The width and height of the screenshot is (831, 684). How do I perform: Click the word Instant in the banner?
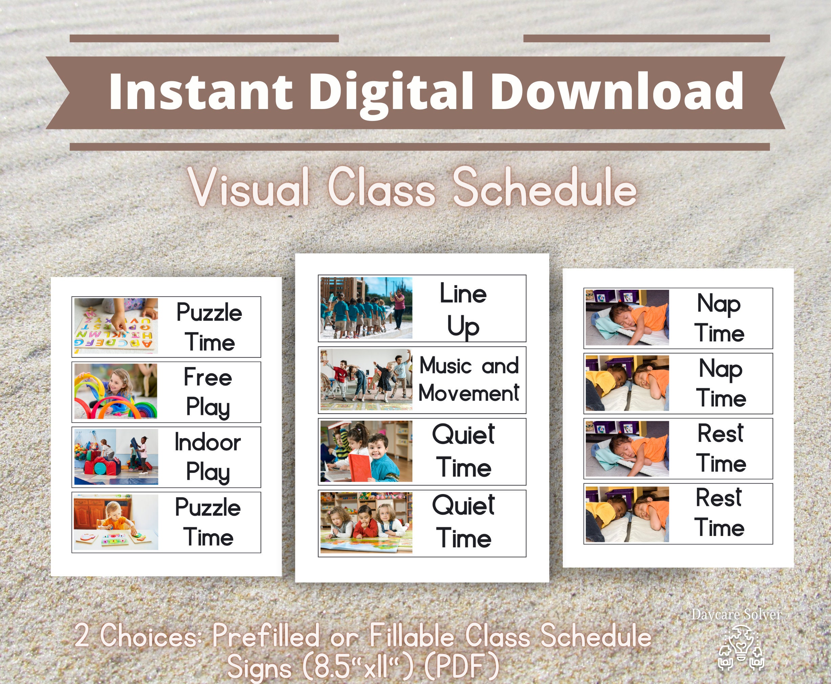click(200, 92)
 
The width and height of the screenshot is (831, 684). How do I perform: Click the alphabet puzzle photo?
click(116, 326)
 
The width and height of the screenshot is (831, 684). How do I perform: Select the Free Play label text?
click(208, 392)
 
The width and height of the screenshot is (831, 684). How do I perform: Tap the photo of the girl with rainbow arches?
click(116, 391)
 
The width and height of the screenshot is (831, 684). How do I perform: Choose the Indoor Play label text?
click(208, 457)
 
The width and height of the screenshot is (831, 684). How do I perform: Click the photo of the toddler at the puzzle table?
click(116, 522)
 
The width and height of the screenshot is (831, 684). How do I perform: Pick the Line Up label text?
click(463, 309)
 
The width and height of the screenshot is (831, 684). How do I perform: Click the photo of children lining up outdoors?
click(366, 308)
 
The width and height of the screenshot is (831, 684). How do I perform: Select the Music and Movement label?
click(469, 380)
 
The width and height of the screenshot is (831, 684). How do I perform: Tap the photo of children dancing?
click(366, 380)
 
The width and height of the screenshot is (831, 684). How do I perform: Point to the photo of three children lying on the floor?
click(366, 522)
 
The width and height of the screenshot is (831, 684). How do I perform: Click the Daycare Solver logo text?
click(736, 615)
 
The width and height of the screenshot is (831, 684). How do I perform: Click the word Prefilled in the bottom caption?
click(265, 636)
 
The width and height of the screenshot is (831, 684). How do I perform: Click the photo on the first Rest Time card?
click(627, 449)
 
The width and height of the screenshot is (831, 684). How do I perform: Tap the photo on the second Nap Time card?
click(627, 383)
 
